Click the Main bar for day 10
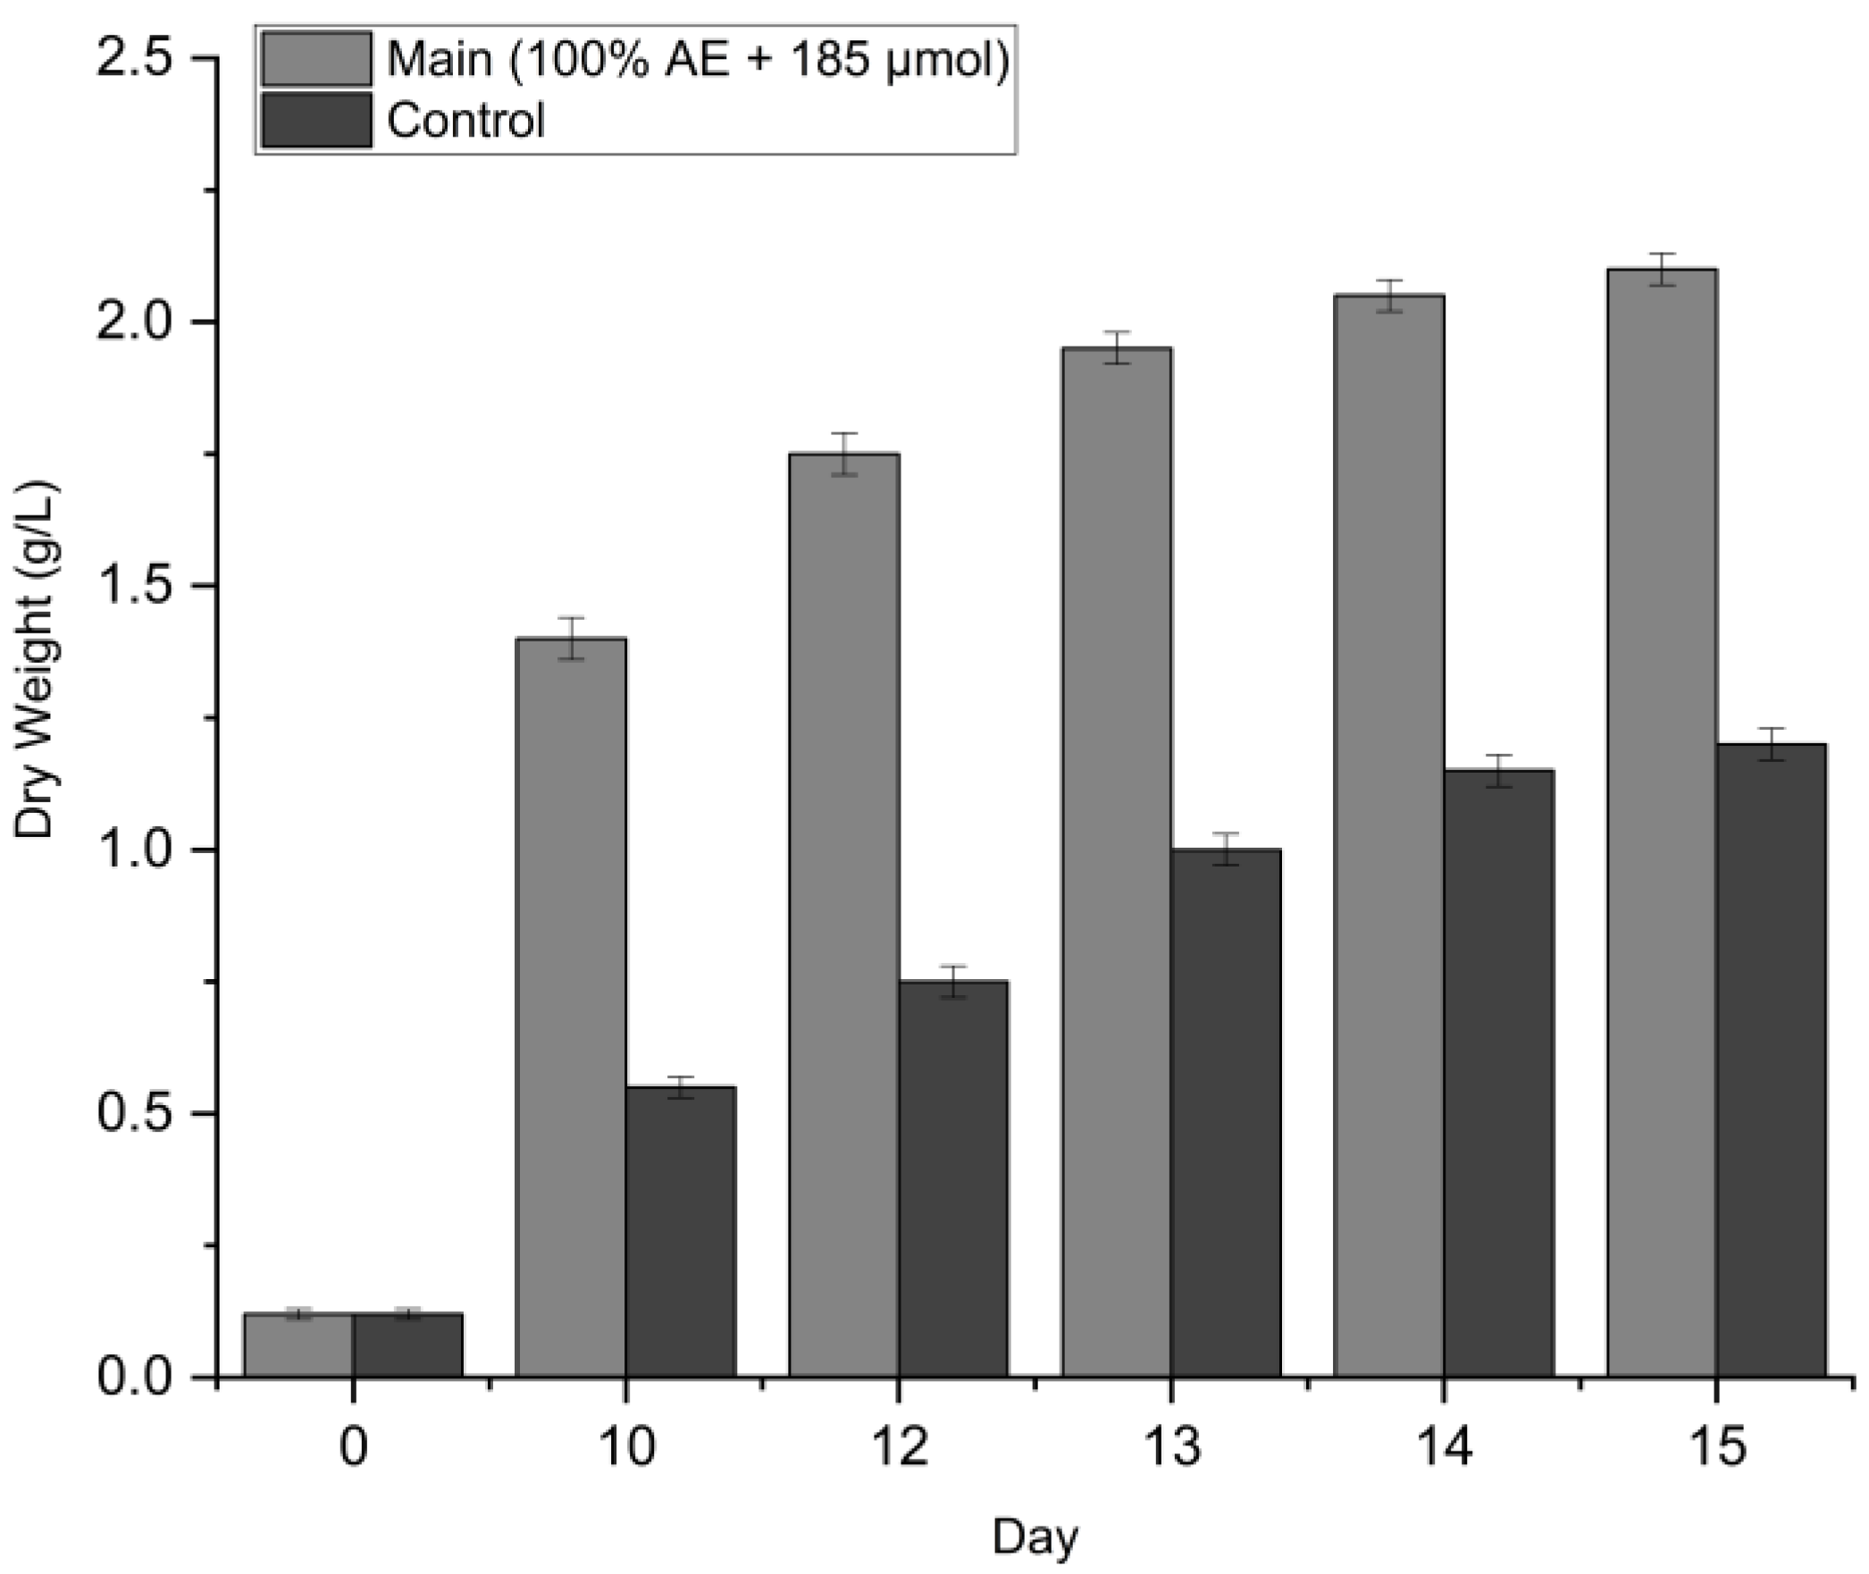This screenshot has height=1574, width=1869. click(x=571, y=1008)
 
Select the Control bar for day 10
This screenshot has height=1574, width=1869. click(x=681, y=1232)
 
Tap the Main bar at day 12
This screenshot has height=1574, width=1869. click(x=843, y=916)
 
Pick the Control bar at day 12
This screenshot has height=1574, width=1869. click(x=953, y=1179)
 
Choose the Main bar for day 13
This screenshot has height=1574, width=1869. click(x=1117, y=863)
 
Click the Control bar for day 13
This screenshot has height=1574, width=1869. click(x=1226, y=1113)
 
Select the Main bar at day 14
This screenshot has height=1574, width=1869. click(x=1389, y=836)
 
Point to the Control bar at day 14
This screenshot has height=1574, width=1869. click(x=1499, y=1074)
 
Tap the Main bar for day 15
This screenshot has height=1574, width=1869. click(x=1662, y=823)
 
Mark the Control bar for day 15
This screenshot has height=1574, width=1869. click(x=1772, y=1060)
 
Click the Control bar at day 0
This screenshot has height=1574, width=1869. click(x=407, y=1345)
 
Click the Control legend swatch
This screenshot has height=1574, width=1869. click(x=316, y=120)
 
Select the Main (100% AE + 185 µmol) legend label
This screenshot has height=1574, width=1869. click(x=698, y=61)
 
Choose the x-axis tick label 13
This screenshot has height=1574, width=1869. click(x=1170, y=1446)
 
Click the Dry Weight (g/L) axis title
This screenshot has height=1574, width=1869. click(x=37, y=661)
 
